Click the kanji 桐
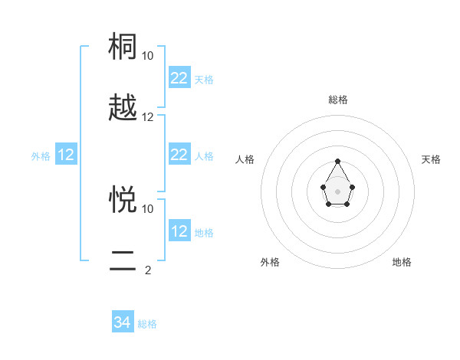pyautogui.click(x=124, y=47)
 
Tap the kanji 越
pyautogui.click(x=124, y=108)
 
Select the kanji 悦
pyautogui.click(x=124, y=200)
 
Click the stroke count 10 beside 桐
pyautogui.click(x=148, y=56)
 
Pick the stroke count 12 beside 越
pyautogui.click(x=148, y=117)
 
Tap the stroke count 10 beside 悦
pyautogui.click(x=148, y=208)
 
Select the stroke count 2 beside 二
pyautogui.click(x=148, y=270)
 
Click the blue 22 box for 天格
pyautogui.click(x=179, y=78)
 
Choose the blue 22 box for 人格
pyautogui.click(x=179, y=155)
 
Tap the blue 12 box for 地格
pyautogui.click(x=179, y=231)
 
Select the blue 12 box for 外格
pyautogui.click(x=66, y=155)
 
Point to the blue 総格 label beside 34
pyautogui.click(x=147, y=324)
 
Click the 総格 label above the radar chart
pyautogui.click(x=338, y=100)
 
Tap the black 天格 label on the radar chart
pyautogui.click(x=431, y=159)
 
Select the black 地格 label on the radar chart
pyautogui.click(x=402, y=262)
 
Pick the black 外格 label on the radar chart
pyautogui.click(x=270, y=262)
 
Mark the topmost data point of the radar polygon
pyautogui.click(x=337, y=162)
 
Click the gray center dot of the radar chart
pyautogui.click(x=337, y=190)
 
